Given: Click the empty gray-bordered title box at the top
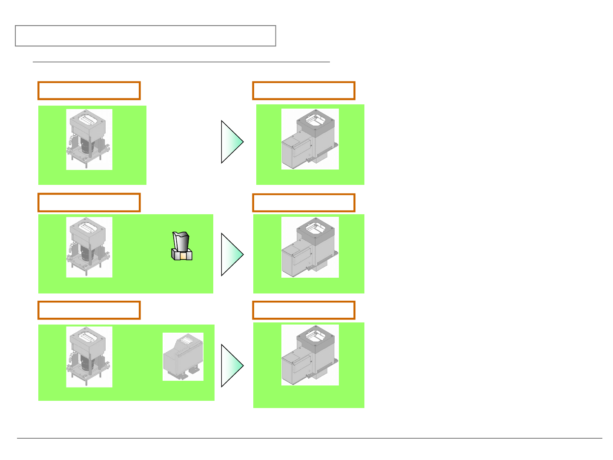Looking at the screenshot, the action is [146, 36].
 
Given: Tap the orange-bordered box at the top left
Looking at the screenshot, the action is [89, 91].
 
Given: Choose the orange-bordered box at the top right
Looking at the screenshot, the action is [304, 91].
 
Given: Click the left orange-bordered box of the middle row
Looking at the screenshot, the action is [89, 202].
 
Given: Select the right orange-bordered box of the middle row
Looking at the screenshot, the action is [304, 203].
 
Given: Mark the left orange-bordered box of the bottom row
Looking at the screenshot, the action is [89, 310].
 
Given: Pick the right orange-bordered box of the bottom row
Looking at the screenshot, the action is [304, 310].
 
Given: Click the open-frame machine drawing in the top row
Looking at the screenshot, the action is [89, 139].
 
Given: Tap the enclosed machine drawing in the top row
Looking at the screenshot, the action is [310, 139].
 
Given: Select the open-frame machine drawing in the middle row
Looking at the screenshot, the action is [89, 247].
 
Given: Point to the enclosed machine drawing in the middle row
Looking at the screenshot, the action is [310, 247].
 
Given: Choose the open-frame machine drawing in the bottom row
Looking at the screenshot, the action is [89, 357].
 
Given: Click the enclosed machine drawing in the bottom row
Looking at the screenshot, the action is [310, 355].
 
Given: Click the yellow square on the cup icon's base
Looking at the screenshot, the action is [183, 256].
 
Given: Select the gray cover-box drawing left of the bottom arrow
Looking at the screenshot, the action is [183, 357].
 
